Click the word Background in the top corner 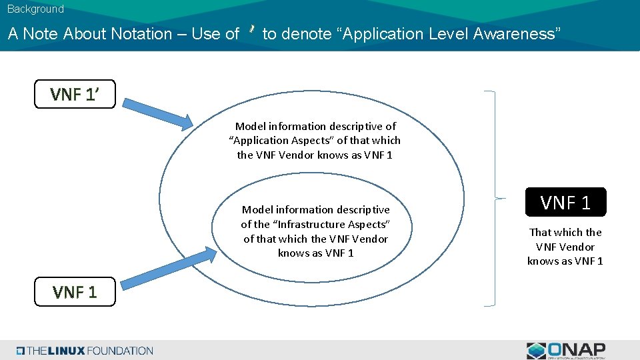[x=35, y=9]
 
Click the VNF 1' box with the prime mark [x=75, y=94]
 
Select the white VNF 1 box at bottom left [x=75, y=291]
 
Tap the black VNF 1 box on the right [x=565, y=202]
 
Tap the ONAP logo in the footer [x=566, y=350]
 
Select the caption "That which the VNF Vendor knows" [x=565, y=247]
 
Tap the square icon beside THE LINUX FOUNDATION [x=21, y=351]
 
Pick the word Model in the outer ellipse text [x=250, y=126]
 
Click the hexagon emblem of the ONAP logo [x=536, y=351]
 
